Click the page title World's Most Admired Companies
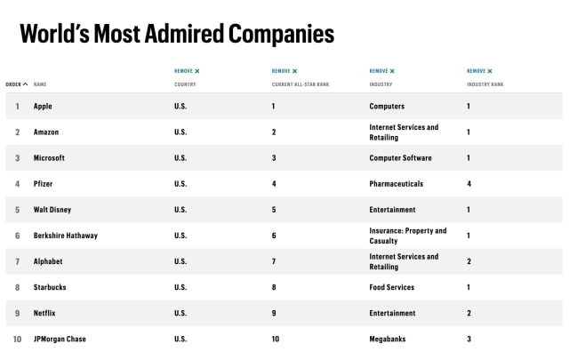click(x=176, y=34)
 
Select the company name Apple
click(x=44, y=106)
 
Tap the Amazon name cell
click(x=47, y=132)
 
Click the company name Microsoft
click(x=49, y=157)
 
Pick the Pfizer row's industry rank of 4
click(x=469, y=184)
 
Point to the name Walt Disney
click(x=52, y=210)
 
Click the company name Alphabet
click(x=48, y=261)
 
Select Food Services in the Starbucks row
click(x=394, y=287)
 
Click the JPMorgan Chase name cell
click(x=60, y=339)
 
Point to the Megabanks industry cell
click(x=389, y=339)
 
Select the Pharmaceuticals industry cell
click(x=396, y=184)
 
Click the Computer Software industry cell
click(x=400, y=157)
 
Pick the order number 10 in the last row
click(x=17, y=339)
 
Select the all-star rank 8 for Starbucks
click(x=274, y=287)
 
